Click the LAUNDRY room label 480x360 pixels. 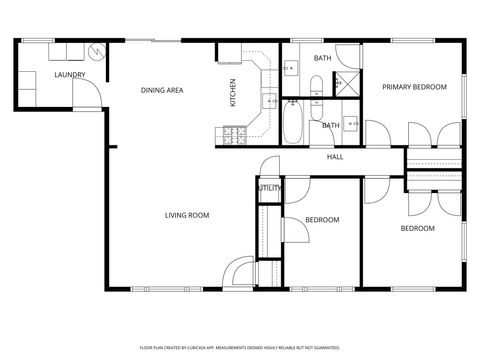click(x=42, y=75)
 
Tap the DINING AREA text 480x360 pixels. click(x=162, y=91)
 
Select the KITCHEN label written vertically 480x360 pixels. click(x=234, y=93)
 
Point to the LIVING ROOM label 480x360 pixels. click(x=186, y=215)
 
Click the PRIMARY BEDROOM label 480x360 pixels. click(x=414, y=87)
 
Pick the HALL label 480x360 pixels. click(x=336, y=157)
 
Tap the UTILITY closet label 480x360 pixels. click(x=269, y=188)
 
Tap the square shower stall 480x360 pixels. click(x=347, y=84)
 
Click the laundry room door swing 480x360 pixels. click(x=88, y=92)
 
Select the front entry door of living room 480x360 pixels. click(x=240, y=271)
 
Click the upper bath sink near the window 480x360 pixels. click(x=290, y=68)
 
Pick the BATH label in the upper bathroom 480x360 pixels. click(x=322, y=58)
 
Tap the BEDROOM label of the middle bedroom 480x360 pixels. click(x=322, y=220)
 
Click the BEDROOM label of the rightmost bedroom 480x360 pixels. click(x=417, y=228)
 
